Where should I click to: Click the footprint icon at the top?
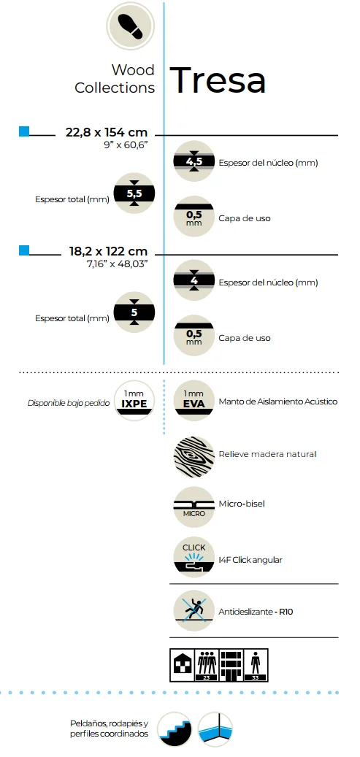[x=130, y=26]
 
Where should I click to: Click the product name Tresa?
[x=218, y=80]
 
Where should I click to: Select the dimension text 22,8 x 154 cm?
[x=107, y=132]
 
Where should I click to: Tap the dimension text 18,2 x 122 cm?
[x=108, y=252]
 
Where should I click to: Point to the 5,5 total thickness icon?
[x=134, y=193]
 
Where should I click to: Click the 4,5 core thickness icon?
[x=194, y=162]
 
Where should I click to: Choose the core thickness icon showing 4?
[x=194, y=281]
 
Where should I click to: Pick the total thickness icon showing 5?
[x=134, y=312]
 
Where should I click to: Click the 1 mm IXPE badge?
[x=134, y=401]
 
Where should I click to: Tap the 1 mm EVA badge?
[x=194, y=401]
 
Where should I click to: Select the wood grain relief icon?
[x=194, y=457]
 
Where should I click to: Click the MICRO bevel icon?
[x=194, y=507]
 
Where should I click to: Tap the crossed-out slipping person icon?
[x=194, y=611]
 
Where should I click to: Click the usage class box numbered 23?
[x=207, y=665]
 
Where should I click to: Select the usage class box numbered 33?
[x=256, y=665]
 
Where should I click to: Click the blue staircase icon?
[x=175, y=729]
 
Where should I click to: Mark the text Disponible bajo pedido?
[x=69, y=403]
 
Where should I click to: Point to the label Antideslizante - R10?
[x=256, y=612]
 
